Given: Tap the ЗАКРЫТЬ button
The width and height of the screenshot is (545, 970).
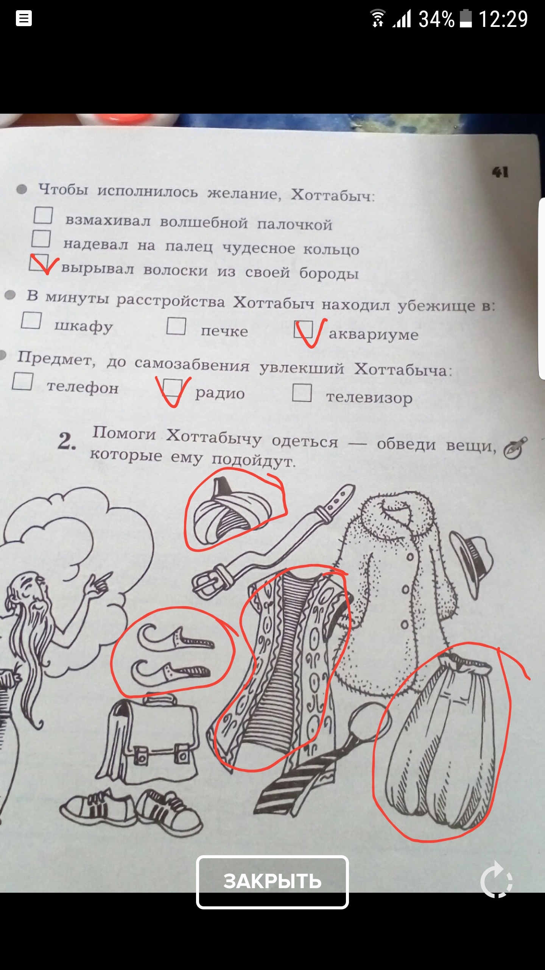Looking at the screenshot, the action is pyautogui.click(x=272, y=882).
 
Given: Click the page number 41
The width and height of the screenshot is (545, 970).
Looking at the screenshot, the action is pyautogui.click(x=500, y=173).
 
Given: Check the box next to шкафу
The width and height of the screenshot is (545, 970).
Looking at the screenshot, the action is pyautogui.click(x=31, y=320).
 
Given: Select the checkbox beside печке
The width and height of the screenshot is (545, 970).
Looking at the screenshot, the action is pyautogui.click(x=176, y=326).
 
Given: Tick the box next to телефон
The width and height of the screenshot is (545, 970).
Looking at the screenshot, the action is pyautogui.click(x=22, y=381).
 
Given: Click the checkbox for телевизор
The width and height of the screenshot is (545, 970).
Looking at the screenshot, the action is pyautogui.click(x=302, y=392).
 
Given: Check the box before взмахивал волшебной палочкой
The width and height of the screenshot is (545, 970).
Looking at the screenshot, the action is pyautogui.click(x=43, y=215).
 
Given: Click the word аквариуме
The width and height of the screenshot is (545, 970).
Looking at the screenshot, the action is pyautogui.click(x=374, y=335).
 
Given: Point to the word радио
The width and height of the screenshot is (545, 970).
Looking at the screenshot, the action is pyautogui.click(x=220, y=393).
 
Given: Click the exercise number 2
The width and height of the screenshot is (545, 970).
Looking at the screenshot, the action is pyautogui.click(x=67, y=442).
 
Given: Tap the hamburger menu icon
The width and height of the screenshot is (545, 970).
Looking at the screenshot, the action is pyautogui.click(x=23, y=19).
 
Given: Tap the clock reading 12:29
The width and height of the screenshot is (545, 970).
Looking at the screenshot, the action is pyautogui.click(x=503, y=19).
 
